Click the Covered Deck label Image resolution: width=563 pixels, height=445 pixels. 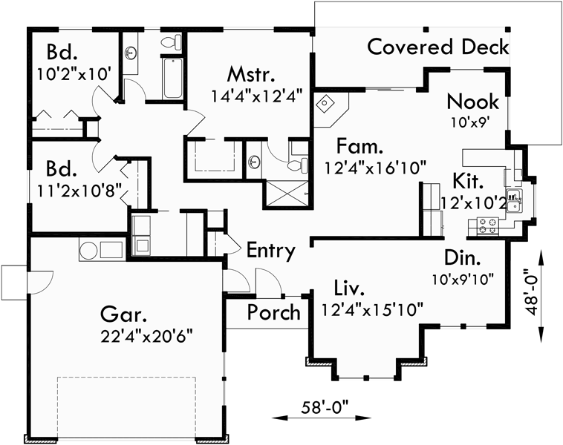[438, 47]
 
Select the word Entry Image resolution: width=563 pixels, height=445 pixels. [271, 251]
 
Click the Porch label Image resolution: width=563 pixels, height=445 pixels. [274, 312]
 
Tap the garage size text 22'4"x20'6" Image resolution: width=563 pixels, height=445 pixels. [147, 334]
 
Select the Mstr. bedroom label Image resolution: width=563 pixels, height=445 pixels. [252, 76]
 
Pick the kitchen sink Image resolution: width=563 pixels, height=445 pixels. [515, 197]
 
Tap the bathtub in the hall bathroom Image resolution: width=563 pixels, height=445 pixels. [172, 79]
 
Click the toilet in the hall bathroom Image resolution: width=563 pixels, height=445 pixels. [169, 41]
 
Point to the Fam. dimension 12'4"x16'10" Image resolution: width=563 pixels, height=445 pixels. [375, 168]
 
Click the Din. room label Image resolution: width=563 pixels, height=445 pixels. [463, 258]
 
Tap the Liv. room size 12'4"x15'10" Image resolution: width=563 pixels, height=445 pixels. [371, 308]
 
